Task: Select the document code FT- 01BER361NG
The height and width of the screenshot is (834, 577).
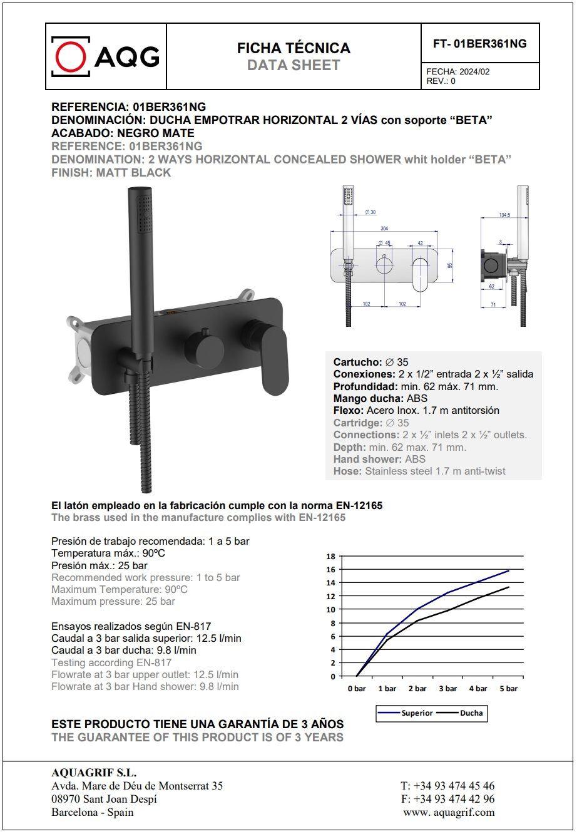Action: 479,44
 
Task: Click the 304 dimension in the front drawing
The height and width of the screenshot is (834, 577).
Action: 384,229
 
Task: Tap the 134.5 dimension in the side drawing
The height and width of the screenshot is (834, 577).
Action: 504,215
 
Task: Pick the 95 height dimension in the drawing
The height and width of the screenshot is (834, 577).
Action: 450,265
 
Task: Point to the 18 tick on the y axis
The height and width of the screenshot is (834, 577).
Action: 331,556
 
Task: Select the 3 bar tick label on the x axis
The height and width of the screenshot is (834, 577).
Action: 447,689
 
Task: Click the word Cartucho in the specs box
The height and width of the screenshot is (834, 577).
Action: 357,362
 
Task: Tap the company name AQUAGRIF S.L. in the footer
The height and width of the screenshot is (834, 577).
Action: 94,773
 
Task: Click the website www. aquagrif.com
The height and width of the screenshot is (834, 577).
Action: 449,812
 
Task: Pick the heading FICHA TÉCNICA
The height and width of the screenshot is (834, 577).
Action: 294,48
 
